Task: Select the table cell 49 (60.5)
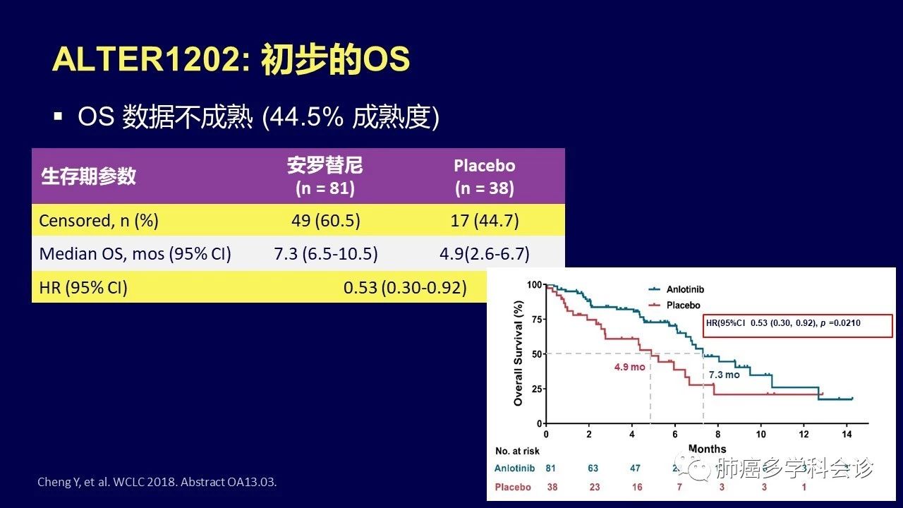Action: click(325, 220)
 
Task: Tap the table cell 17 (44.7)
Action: click(484, 220)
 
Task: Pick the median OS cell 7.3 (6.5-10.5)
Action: click(325, 253)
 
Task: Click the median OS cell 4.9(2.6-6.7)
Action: click(484, 253)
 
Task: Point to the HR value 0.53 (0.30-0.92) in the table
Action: click(405, 287)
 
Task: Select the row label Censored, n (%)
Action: click(99, 220)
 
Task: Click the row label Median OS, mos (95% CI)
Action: click(135, 253)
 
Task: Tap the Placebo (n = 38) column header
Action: click(484, 176)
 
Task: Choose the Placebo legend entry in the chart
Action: click(683, 305)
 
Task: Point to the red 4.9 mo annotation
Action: click(629, 368)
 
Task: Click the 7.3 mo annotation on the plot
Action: click(725, 375)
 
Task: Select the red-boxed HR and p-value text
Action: click(783, 323)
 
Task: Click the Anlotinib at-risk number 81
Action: click(551, 468)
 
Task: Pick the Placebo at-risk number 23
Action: click(595, 487)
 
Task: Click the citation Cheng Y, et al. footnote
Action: click(157, 483)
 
